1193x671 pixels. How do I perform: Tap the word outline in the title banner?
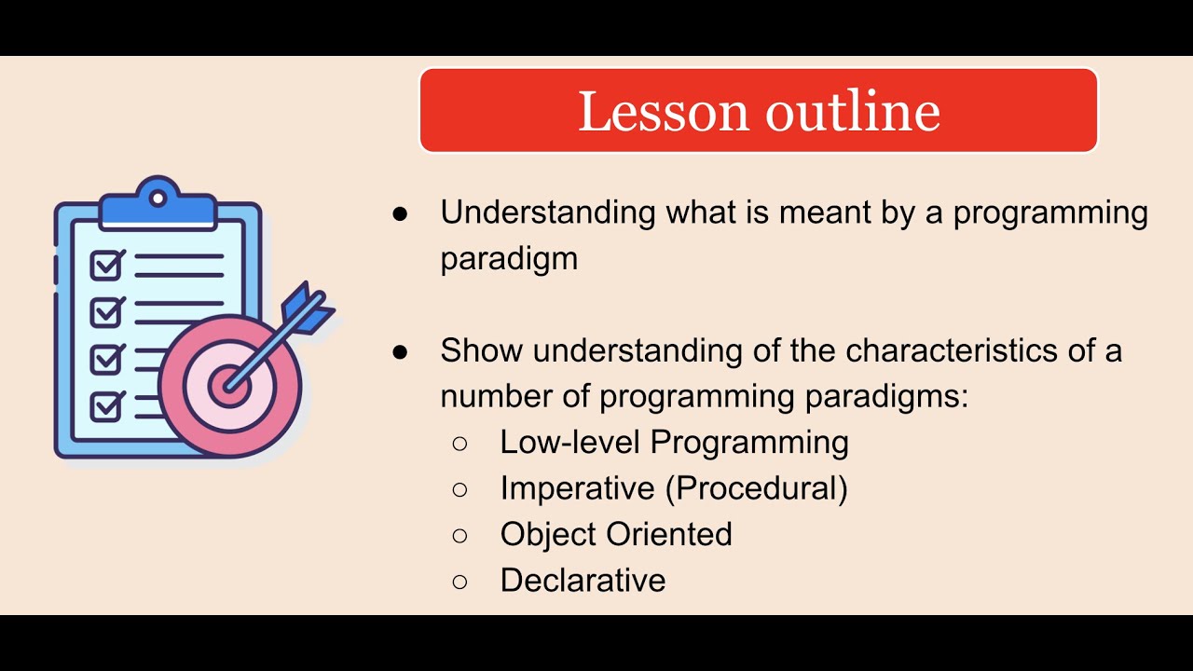pos(853,111)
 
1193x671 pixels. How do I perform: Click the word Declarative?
pos(583,581)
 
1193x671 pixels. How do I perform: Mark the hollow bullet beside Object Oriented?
pos(459,535)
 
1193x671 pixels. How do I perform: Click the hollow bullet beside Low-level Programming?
pos(459,443)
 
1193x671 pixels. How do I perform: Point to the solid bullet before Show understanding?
pos(401,352)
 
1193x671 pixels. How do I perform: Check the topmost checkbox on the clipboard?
pos(107,266)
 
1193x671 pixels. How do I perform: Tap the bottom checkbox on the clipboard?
pos(107,406)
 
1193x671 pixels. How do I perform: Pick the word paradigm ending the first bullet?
pos(509,259)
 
